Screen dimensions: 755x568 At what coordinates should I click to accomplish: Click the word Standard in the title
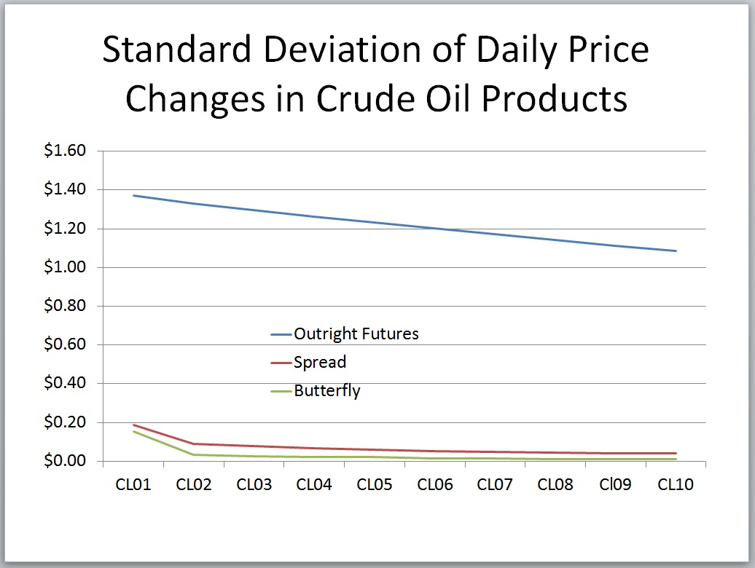176,50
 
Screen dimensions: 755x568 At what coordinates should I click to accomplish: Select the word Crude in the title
364,98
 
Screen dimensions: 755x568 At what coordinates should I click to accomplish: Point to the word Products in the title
554,98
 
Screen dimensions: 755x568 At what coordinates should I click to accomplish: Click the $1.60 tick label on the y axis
65,151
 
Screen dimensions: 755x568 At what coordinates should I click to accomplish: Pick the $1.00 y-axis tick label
65,267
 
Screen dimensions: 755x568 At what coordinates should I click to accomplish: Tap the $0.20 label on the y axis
65,422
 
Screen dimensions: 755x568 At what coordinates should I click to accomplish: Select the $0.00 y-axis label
65,461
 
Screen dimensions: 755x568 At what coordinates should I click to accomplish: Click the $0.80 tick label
65,305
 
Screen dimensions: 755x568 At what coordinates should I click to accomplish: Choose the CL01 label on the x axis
133,484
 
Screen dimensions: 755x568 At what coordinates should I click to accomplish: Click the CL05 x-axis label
375,484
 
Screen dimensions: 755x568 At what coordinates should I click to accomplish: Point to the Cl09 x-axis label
615,484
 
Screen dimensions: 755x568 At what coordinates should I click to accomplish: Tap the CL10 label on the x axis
676,484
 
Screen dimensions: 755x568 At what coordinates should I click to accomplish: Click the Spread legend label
320,362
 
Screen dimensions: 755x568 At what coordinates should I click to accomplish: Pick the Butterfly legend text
327,390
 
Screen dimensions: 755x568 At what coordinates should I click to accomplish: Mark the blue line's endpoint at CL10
676,251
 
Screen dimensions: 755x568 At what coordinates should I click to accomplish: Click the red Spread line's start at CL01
133,425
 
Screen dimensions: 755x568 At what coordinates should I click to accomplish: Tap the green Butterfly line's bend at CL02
194,454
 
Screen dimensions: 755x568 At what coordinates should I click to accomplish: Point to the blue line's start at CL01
133,196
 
